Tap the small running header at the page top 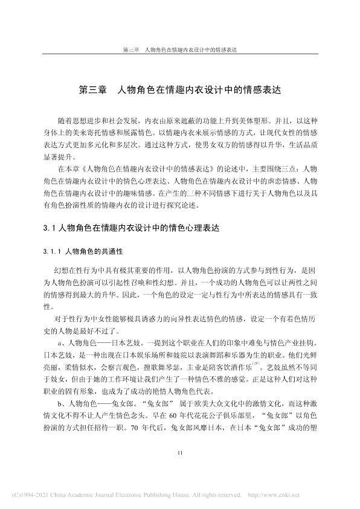pyautogui.click(x=179, y=50)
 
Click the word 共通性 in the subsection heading pyautogui.click(x=112, y=250)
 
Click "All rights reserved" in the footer pyautogui.click(x=207, y=496)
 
